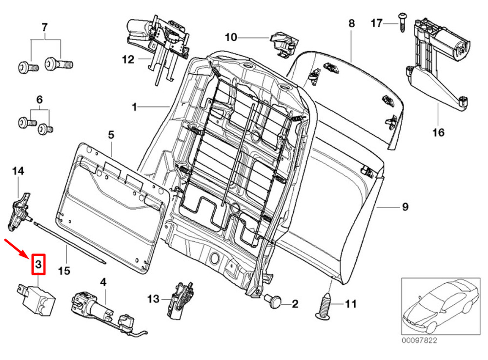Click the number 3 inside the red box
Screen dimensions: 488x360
(x=38, y=264)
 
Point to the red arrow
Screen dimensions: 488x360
(x=18, y=248)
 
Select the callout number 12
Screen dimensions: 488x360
(x=128, y=59)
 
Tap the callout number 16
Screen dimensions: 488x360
(x=438, y=133)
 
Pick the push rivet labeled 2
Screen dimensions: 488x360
(x=273, y=301)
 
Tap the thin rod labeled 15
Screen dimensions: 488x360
(x=69, y=242)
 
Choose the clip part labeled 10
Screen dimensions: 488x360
(x=284, y=44)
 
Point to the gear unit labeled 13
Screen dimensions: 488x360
(x=180, y=299)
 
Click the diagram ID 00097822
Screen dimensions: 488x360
(x=419, y=340)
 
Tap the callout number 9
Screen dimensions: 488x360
(x=405, y=207)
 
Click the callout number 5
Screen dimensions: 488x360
(x=111, y=135)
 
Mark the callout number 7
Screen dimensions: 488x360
(x=44, y=27)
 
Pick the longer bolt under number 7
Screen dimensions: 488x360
(x=59, y=64)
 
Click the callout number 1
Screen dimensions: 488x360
(x=135, y=107)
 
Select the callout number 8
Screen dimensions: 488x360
(x=351, y=23)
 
